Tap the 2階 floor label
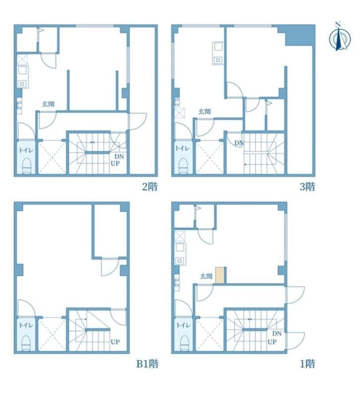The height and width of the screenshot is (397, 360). click(150, 187)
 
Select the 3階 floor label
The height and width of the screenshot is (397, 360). click(307, 187)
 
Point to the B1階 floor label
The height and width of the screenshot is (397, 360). click(147, 364)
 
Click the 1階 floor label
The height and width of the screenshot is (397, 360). click(307, 364)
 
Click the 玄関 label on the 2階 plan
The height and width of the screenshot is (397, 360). click(48, 104)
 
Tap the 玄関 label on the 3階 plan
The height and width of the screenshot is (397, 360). click(205, 112)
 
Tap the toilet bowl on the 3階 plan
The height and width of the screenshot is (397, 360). click(183, 164)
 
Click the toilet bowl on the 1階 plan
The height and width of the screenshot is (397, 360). click(184, 342)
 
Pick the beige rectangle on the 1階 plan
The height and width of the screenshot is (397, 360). click(220, 275)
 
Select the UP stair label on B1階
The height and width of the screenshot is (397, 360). click(115, 342)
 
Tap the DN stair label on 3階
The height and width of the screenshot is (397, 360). click(239, 144)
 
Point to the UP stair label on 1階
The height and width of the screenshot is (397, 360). click(272, 342)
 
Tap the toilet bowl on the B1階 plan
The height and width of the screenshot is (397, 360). click(26, 342)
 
